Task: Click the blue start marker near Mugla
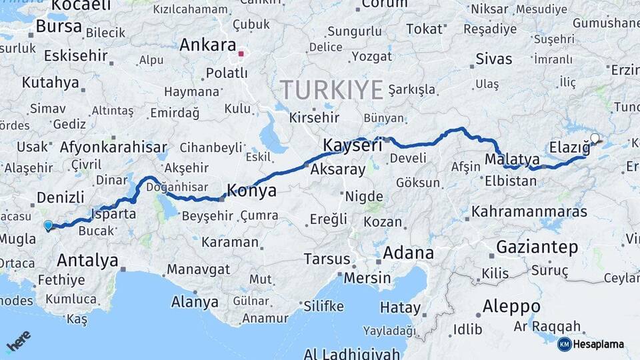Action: coord(48,225)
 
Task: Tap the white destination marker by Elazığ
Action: coord(595,139)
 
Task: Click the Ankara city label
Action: coord(207,45)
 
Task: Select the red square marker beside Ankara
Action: coord(241,53)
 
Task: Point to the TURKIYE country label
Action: coord(331,89)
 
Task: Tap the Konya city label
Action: coord(252,191)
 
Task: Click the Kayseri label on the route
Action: coord(353,145)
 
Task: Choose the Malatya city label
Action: coord(512,159)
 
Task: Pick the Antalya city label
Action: coord(87,260)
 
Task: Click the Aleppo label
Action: coord(512,307)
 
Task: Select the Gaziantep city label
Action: coord(537,247)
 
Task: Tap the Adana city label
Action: coord(408,253)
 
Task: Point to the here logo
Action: coord(19,341)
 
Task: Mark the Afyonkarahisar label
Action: coord(113,147)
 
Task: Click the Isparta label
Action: coord(114,215)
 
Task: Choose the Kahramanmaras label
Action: coord(529,212)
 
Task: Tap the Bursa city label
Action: coord(59,27)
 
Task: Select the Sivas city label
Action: coord(494,59)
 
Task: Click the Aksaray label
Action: coord(338,169)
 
